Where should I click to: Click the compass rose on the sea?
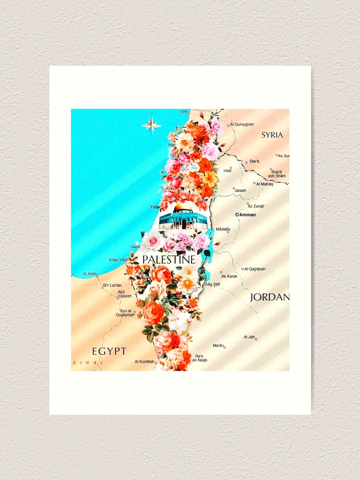pyautogui.click(x=151, y=125)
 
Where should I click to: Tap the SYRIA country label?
pyautogui.click(x=272, y=135)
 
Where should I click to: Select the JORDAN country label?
pyautogui.click(x=269, y=297)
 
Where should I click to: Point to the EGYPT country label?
pyautogui.click(x=109, y=351)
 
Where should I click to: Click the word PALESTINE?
pyautogui.click(x=169, y=260)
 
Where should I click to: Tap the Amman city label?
pyautogui.click(x=247, y=215)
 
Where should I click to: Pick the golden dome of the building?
pyautogui.click(x=183, y=207)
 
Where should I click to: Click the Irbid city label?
pyautogui.click(x=227, y=170)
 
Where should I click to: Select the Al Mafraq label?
pyautogui.click(x=264, y=184)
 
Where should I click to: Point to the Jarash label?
pyautogui.click(x=240, y=190)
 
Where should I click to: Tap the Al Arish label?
pyautogui.click(x=90, y=274)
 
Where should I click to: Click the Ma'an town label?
pyautogui.click(x=218, y=345)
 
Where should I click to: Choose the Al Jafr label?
pyautogui.click(x=249, y=337)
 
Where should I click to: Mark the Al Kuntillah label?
pyautogui.click(x=144, y=361)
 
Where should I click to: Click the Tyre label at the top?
pyautogui.click(x=183, y=111)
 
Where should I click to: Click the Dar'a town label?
pyautogui.click(x=254, y=161)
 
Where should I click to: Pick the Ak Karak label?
pyautogui.click(x=229, y=276)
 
